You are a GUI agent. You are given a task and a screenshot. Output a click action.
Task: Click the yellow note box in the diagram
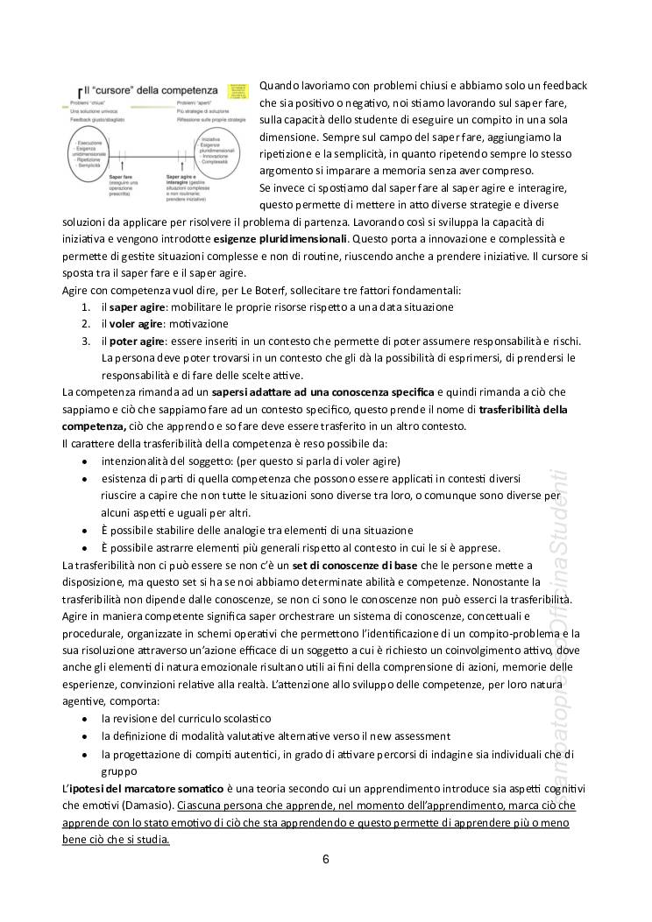237,91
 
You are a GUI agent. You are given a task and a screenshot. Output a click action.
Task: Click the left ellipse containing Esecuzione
89,154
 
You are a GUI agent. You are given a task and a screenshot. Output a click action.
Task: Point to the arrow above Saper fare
121,165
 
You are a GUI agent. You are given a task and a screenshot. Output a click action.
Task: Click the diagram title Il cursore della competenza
149,90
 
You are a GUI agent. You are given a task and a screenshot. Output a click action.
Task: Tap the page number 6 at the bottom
325,859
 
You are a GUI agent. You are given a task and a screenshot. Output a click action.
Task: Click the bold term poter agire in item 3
138,340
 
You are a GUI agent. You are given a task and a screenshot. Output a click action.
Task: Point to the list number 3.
86,340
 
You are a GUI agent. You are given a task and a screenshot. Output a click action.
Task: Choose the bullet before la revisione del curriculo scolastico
84,718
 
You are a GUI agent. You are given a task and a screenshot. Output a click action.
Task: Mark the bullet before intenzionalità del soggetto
84,461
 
